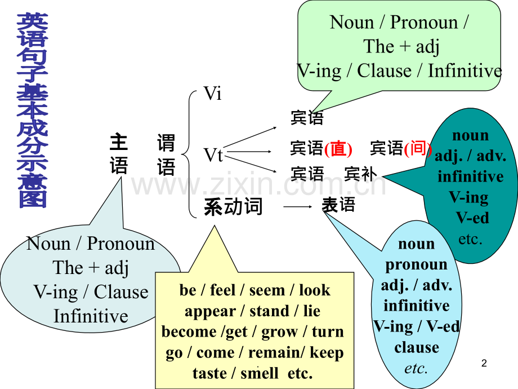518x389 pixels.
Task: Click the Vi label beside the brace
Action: [x=212, y=93]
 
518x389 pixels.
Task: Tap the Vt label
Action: [x=213, y=155]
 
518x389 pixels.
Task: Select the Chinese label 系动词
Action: [x=233, y=207]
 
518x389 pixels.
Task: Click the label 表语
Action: [x=338, y=205]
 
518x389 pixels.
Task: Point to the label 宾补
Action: [x=360, y=174]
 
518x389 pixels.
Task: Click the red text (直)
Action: [x=338, y=148]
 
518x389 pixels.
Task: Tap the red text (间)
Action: [x=418, y=148]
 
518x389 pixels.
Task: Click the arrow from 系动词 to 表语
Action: [x=298, y=207]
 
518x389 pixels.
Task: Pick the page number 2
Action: [x=484, y=363]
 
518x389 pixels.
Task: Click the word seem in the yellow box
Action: [x=267, y=290]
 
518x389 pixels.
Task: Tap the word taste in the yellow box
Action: [x=209, y=373]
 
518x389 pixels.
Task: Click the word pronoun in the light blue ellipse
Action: [x=416, y=265]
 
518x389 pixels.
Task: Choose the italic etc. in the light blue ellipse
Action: [x=416, y=368]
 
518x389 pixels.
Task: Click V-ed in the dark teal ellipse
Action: [x=472, y=218]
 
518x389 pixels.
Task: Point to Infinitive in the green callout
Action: [x=465, y=71]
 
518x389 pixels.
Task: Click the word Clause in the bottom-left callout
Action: [x=121, y=292]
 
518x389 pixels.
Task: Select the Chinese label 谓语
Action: [x=166, y=154]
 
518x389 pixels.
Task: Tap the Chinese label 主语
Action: [x=119, y=154]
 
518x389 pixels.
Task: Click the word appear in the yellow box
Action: [x=210, y=312]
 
